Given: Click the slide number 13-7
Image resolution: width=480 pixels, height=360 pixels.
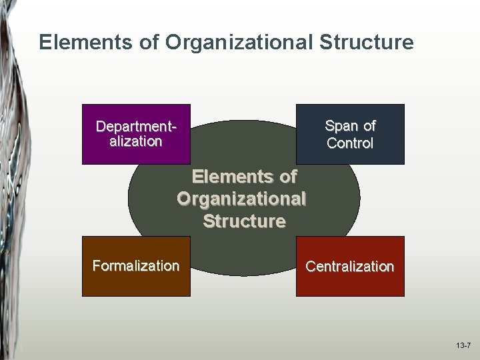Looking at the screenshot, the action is click(x=463, y=346).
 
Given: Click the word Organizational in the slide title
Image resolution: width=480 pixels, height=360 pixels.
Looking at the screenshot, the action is click(x=239, y=43).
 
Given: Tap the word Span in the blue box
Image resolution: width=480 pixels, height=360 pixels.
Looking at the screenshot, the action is click(x=341, y=126).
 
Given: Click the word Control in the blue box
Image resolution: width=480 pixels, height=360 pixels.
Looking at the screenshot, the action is click(x=350, y=143).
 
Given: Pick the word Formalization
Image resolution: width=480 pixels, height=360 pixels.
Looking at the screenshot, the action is click(x=136, y=266).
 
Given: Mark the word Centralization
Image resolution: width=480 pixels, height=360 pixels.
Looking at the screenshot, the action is click(x=350, y=267).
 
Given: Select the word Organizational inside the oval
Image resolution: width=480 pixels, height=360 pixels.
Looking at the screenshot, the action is click(x=241, y=199).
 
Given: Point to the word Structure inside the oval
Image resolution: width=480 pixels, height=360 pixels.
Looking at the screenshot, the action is click(x=244, y=221).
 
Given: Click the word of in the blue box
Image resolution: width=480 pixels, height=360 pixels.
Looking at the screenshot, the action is click(x=369, y=126).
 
